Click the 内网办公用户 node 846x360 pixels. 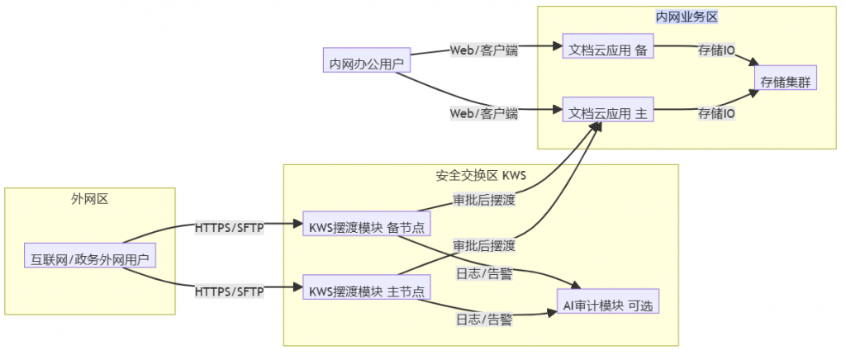(366, 61)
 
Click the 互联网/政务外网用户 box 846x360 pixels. (89, 258)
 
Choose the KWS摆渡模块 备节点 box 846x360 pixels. (366, 225)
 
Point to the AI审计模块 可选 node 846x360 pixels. (607, 304)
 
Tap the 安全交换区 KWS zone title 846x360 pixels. (480, 175)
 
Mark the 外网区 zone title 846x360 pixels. (90, 198)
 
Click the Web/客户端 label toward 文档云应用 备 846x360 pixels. (483, 50)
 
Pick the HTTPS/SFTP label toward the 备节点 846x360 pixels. (229, 226)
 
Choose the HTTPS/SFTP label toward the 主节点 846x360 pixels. (229, 291)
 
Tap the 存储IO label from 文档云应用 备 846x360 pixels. (716, 50)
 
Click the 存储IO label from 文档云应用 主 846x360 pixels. (716, 113)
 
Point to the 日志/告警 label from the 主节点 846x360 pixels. (483, 319)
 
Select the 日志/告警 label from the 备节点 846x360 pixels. (483, 273)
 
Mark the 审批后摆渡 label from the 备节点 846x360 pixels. (483, 200)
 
